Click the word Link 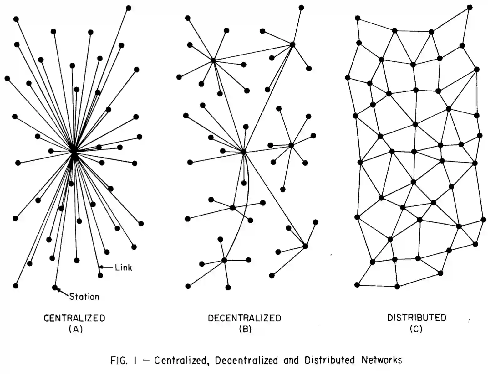pos(123,268)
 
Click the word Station pos(84,296)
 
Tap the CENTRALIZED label pos(74,318)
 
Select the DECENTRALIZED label pos(245,318)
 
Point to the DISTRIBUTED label pos(417,318)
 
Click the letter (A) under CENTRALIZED pos(75,329)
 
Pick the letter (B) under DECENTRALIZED pos(245,329)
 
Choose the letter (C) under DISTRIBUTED pos(416,329)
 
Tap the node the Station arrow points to pos(55,287)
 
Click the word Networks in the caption pos(382,360)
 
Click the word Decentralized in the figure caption pos(246,360)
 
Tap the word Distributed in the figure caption pos(330,360)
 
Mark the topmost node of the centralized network pos(128,8)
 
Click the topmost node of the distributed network pos(470,7)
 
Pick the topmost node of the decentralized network pos(301,8)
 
